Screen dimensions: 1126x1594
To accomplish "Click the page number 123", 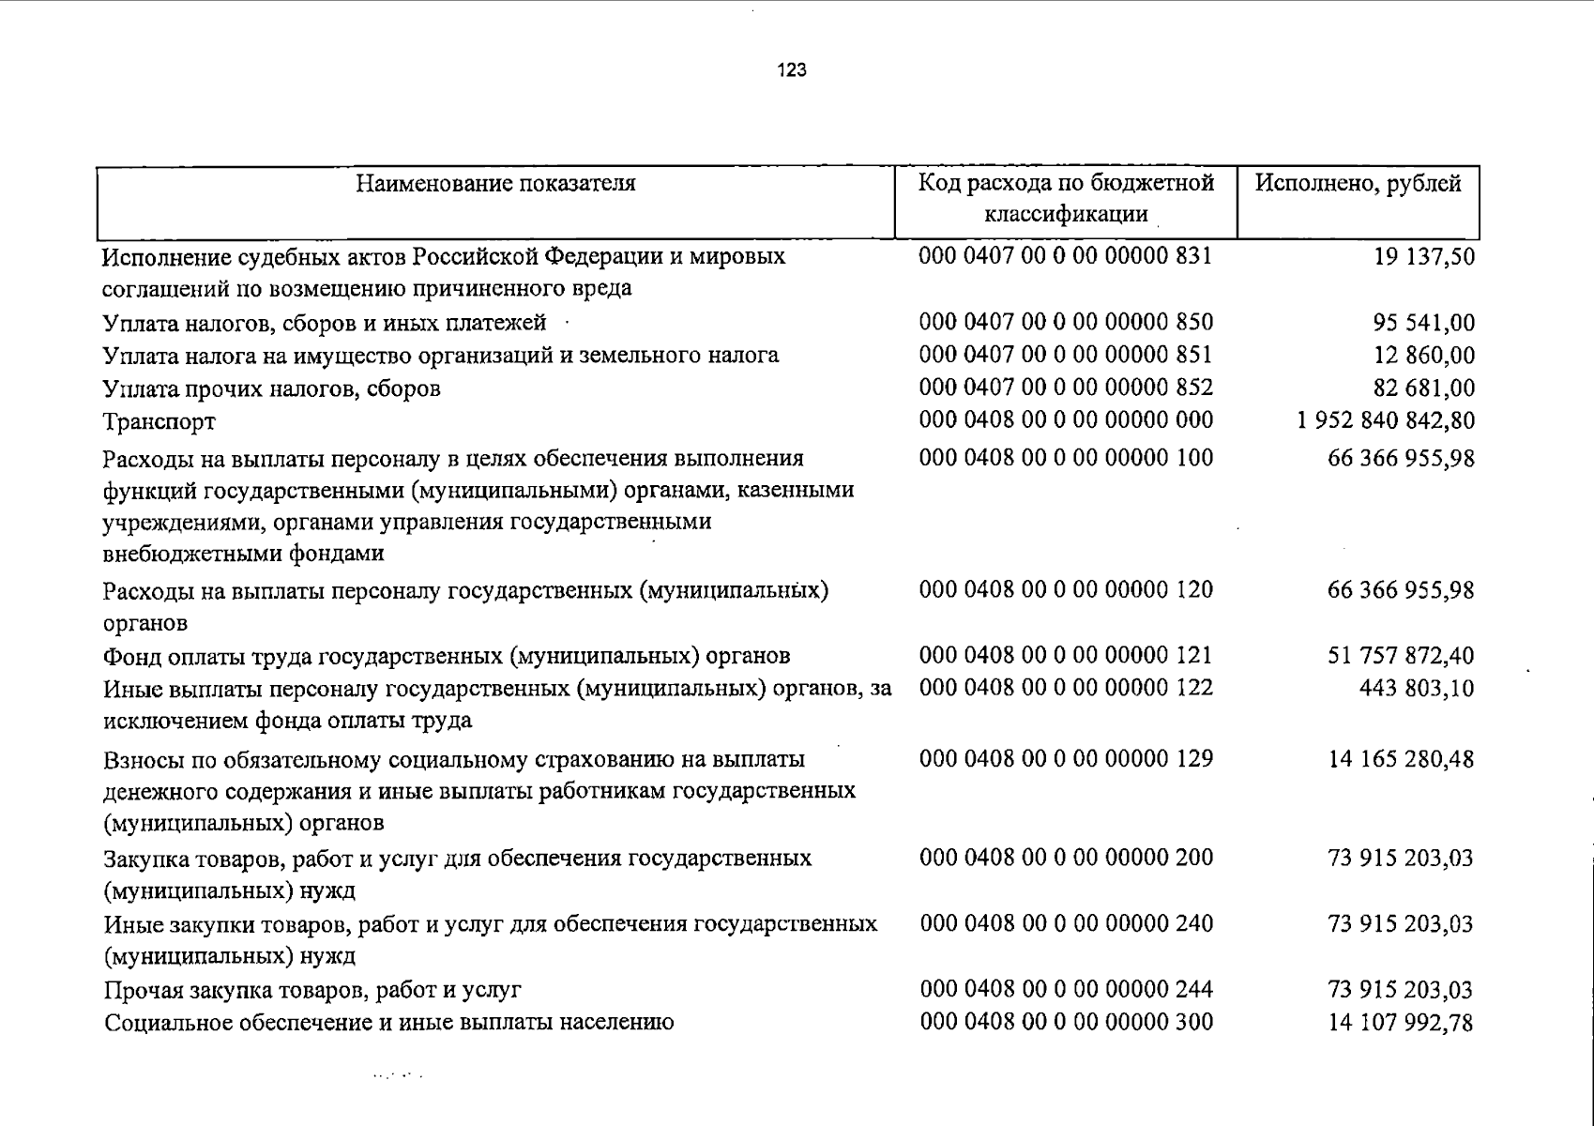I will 792,70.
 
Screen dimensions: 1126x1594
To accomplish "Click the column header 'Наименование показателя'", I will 495,183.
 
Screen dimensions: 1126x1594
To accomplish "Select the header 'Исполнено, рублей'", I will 1358,183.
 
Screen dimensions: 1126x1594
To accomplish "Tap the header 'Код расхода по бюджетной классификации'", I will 1066,198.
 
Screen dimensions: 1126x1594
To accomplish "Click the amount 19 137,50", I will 1423,256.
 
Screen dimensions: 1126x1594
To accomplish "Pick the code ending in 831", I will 1066,255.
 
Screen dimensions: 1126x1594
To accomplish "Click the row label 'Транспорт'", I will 159,422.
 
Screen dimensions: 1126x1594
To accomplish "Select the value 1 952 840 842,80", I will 1386,420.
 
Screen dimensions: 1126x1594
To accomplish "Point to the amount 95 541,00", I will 1423,323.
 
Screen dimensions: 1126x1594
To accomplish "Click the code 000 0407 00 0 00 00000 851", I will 1066,355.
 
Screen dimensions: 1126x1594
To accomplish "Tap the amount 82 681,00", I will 1423,388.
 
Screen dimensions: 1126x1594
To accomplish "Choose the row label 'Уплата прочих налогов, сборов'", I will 271,388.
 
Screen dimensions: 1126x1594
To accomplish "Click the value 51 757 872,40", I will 1401,655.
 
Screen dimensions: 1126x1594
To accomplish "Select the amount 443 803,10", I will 1417,689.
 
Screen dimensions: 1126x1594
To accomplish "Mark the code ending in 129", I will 1067,758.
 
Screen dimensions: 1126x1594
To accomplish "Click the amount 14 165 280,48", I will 1401,758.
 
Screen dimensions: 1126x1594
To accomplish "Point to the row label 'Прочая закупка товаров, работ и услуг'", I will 312,990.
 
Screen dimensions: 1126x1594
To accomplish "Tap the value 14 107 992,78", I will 1401,1022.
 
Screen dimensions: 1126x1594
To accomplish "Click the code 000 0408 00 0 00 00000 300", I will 1067,1022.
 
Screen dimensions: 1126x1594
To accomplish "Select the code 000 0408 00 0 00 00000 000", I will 1066,420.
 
